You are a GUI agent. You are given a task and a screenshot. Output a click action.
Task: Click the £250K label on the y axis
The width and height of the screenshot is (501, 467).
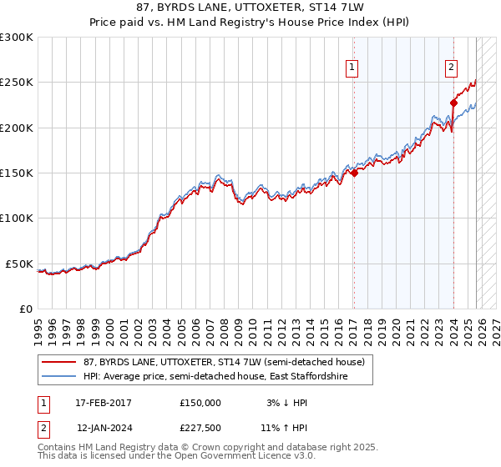click(x=17, y=83)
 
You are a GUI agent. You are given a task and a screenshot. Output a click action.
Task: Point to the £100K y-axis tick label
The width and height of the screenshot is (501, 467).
click(x=17, y=218)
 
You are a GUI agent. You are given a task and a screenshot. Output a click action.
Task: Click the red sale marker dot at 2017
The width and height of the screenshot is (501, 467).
click(x=354, y=173)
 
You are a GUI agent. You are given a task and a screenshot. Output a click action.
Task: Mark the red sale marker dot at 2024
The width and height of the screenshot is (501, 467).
click(x=453, y=103)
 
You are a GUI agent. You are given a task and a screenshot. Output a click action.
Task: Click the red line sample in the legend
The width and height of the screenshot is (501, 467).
click(x=59, y=363)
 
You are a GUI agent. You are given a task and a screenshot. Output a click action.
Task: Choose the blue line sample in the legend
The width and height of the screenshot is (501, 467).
click(x=59, y=377)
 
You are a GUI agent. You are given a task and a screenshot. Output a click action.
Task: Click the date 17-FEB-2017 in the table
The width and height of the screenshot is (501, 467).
click(x=104, y=403)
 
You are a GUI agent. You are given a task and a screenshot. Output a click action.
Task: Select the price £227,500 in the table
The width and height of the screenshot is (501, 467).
click(x=200, y=428)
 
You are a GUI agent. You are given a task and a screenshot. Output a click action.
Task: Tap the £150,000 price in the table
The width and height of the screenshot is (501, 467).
click(x=200, y=403)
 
